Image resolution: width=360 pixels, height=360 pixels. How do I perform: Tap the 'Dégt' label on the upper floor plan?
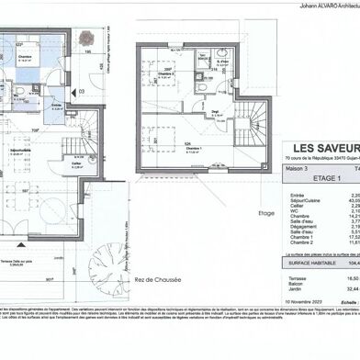215,110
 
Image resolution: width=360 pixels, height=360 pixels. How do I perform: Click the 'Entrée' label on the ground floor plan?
56,105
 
